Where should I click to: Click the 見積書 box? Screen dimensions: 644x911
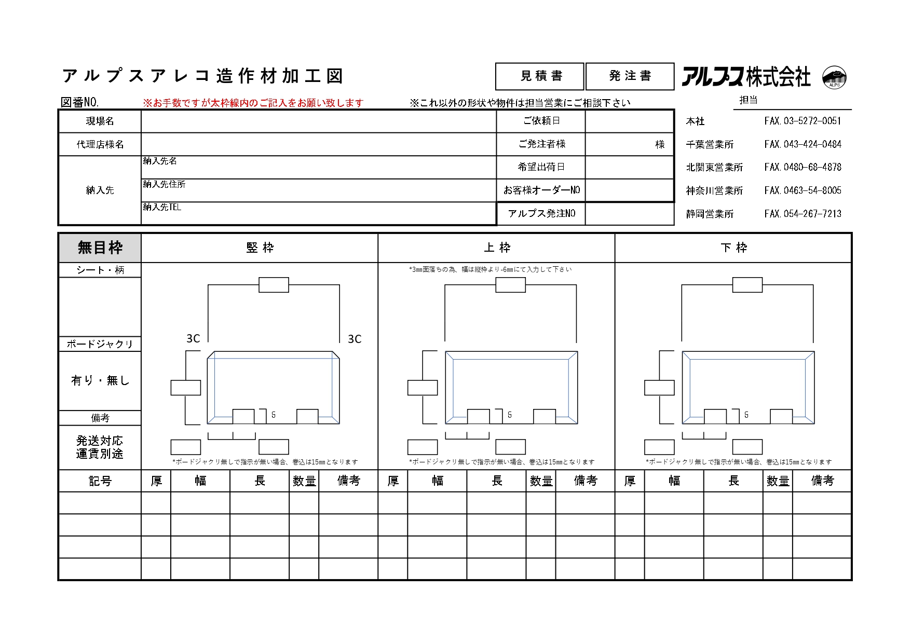click(540, 76)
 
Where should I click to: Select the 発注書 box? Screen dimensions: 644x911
click(630, 76)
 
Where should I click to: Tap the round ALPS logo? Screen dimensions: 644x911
click(835, 78)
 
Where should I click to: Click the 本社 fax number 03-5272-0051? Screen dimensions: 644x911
click(803, 121)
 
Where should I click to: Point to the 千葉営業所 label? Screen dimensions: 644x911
click(710, 144)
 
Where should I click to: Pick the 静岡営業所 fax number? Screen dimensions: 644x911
click(803, 214)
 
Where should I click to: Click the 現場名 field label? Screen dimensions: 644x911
click(100, 121)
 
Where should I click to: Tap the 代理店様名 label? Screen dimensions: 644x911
click(100, 144)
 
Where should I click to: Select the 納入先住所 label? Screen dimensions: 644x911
click(164, 184)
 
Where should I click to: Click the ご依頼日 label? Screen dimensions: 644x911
click(541, 121)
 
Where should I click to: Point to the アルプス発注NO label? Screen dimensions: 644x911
click(541, 214)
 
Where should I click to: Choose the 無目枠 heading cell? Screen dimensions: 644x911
click(100, 248)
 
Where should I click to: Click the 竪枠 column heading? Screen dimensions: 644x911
click(260, 248)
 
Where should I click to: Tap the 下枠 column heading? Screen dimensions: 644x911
click(733, 248)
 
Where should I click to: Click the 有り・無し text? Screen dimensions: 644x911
click(100, 381)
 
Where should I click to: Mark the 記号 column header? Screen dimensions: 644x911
click(100, 481)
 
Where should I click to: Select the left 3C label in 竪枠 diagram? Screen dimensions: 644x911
click(193, 339)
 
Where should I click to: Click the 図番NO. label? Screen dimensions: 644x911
click(80, 102)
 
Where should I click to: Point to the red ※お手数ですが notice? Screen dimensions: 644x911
click(253, 103)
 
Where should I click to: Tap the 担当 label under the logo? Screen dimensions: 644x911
click(748, 100)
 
